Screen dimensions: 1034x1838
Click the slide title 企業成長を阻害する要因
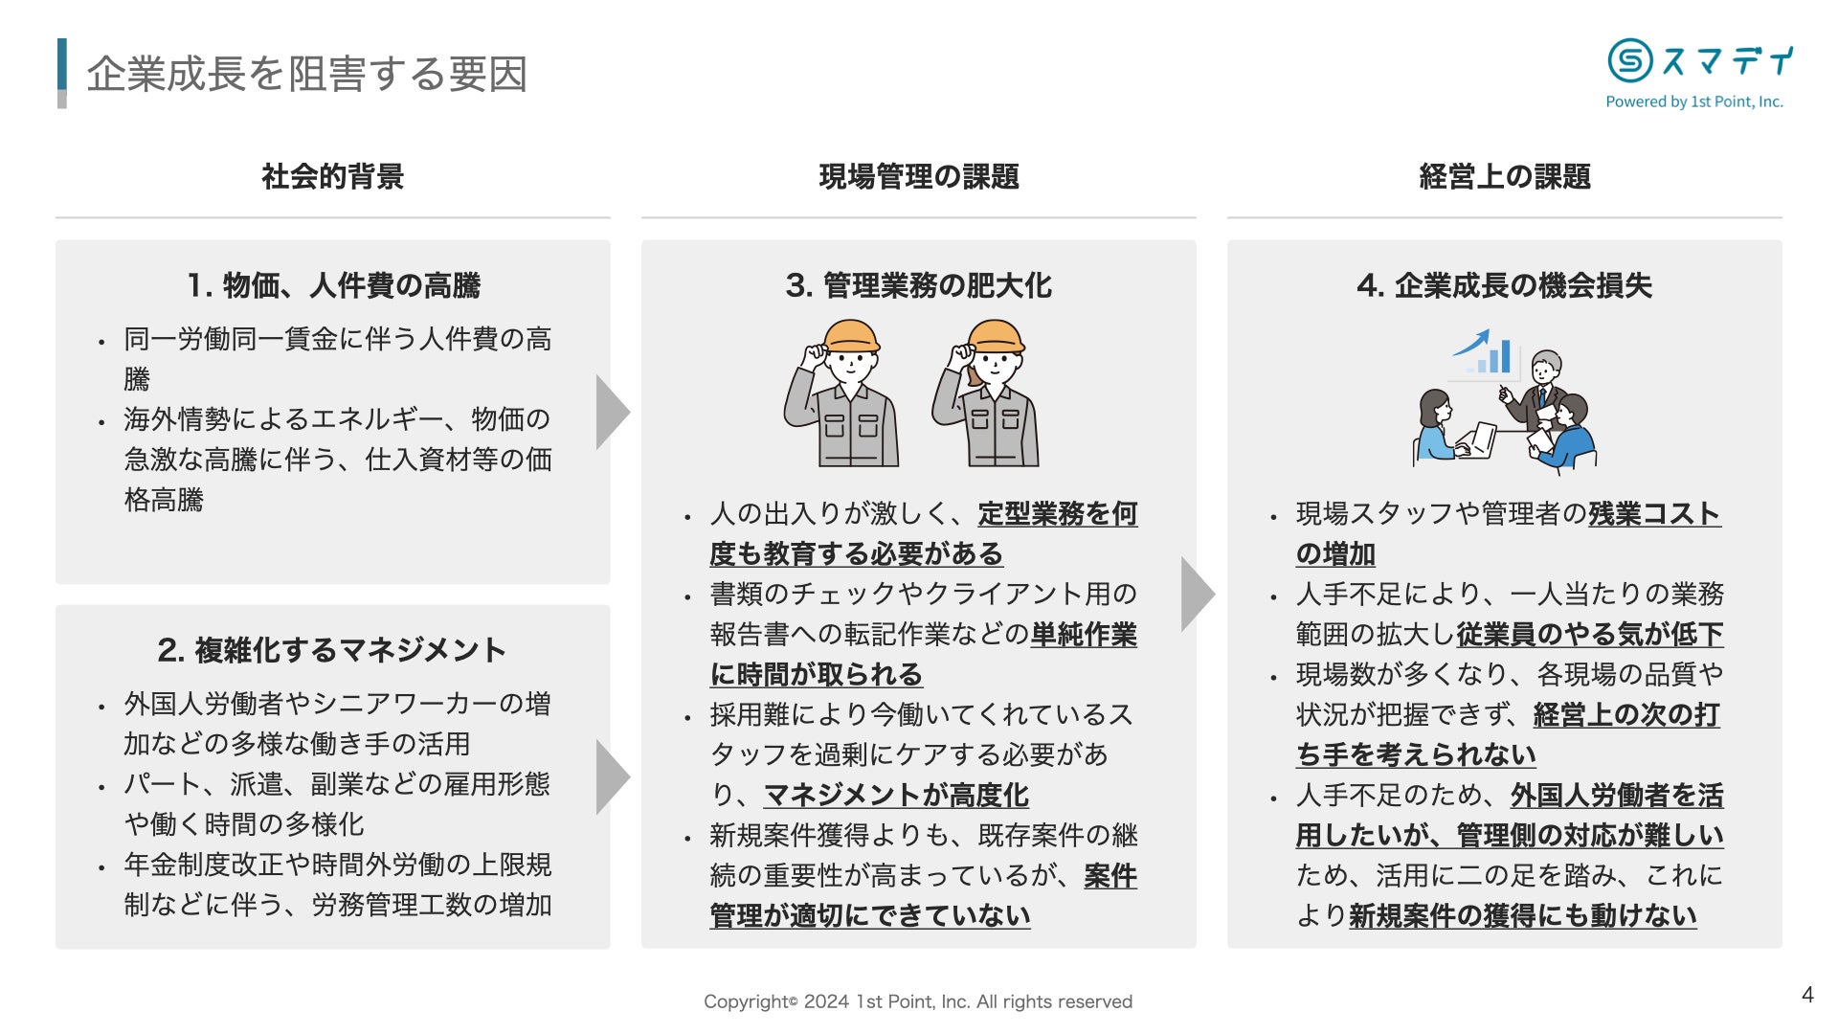click(x=306, y=74)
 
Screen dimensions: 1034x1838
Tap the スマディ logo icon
click(x=1629, y=60)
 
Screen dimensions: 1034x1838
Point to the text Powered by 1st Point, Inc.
click(x=1693, y=101)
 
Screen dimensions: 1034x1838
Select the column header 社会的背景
click(x=332, y=176)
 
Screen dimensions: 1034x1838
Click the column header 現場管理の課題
click(x=918, y=176)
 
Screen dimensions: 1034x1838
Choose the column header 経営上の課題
click(x=1504, y=176)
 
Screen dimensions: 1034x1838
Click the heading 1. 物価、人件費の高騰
click(x=332, y=285)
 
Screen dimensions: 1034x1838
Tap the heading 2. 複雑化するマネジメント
click(x=332, y=650)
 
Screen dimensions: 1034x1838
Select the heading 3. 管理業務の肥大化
click(x=918, y=285)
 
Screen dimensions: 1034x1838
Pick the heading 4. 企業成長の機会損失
click(x=1504, y=285)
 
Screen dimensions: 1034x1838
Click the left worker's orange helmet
click(x=850, y=336)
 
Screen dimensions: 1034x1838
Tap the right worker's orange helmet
click(x=996, y=336)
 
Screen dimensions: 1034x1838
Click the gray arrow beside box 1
click(x=612, y=412)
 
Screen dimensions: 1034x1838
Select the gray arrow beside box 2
click(x=612, y=776)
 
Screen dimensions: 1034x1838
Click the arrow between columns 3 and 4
click(x=1197, y=594)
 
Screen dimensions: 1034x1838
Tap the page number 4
click(x=1807, y=995)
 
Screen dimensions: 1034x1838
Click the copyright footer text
click(x=918, y=1001)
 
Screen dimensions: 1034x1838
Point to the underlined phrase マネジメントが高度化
click(x=896, y=795)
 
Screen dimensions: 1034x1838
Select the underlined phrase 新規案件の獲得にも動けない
click(x=1522, y=915)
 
